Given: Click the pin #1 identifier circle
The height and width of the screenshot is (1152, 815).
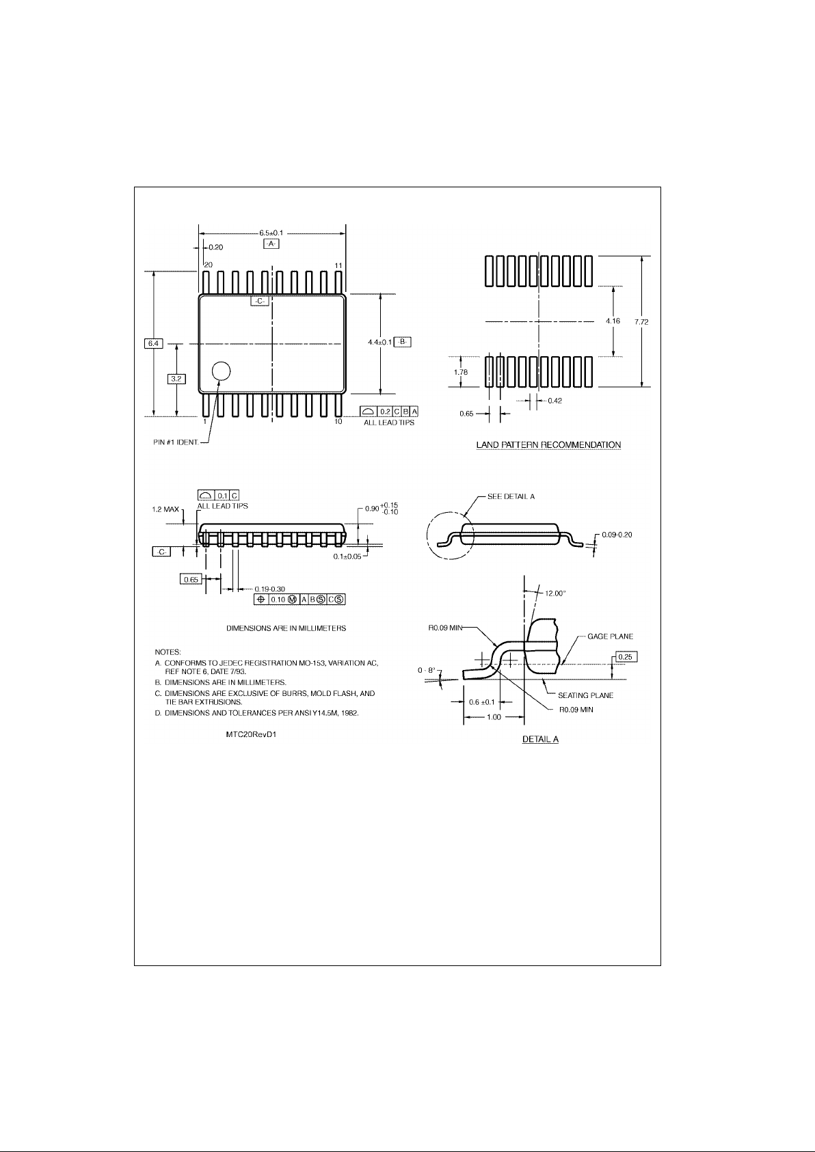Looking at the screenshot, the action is click(221, 371).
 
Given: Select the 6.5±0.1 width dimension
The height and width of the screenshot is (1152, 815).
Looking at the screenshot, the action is click(271, 232).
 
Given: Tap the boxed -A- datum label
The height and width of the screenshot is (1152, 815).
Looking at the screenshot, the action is click(271, 244).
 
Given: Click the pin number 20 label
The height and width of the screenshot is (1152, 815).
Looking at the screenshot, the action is click(208, 265).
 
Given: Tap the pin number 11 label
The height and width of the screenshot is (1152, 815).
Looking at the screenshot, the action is click(338, 265).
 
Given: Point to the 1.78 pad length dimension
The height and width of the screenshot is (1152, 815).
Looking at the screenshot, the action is click(460, 371).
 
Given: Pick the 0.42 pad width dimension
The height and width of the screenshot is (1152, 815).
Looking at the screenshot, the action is click(555, 401).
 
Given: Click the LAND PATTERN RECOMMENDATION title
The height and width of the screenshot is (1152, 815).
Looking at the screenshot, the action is click(548, 445).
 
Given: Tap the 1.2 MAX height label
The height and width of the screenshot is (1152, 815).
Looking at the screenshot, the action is click(167, 509).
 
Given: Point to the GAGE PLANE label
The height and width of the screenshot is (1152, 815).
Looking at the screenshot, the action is click(610, 637).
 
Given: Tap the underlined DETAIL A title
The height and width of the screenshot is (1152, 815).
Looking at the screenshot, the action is click(540, 740).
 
